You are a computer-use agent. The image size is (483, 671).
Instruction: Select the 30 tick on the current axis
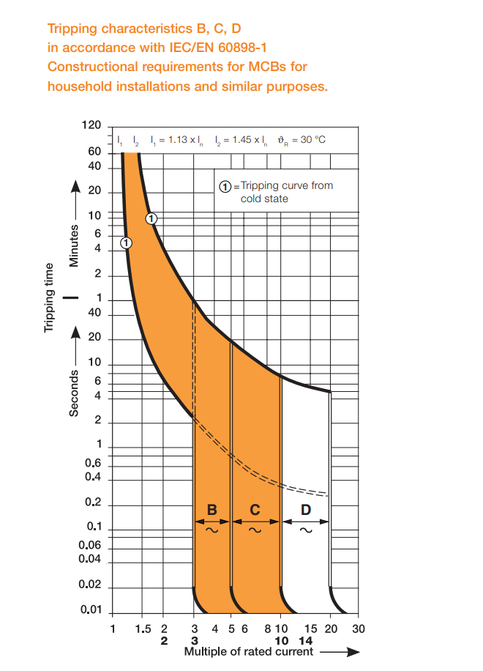pyautogui.click(x=358, y=629)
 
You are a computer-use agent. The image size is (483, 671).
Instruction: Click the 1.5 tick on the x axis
pyautogui.click(x=143, y=629)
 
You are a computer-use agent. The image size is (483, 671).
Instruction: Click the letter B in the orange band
pyautogui.click(x=212, y=509)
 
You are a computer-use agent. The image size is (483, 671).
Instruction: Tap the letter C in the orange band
pyautogui.click(x=255, y=509)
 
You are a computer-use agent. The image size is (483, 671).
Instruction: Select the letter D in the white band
pyautogui.click(x=305, y=509)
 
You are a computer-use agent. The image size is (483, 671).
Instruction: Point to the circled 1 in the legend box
pyautogui.click(x=228, y=186)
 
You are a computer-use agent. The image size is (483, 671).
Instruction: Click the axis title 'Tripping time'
pyautogui.click(x=50, y=297)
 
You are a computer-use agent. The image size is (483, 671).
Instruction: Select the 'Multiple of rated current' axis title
pyautogui.click(x=248, y=651)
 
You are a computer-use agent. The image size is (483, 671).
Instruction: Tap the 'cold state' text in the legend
pyautogui.click(x=264, y=199)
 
